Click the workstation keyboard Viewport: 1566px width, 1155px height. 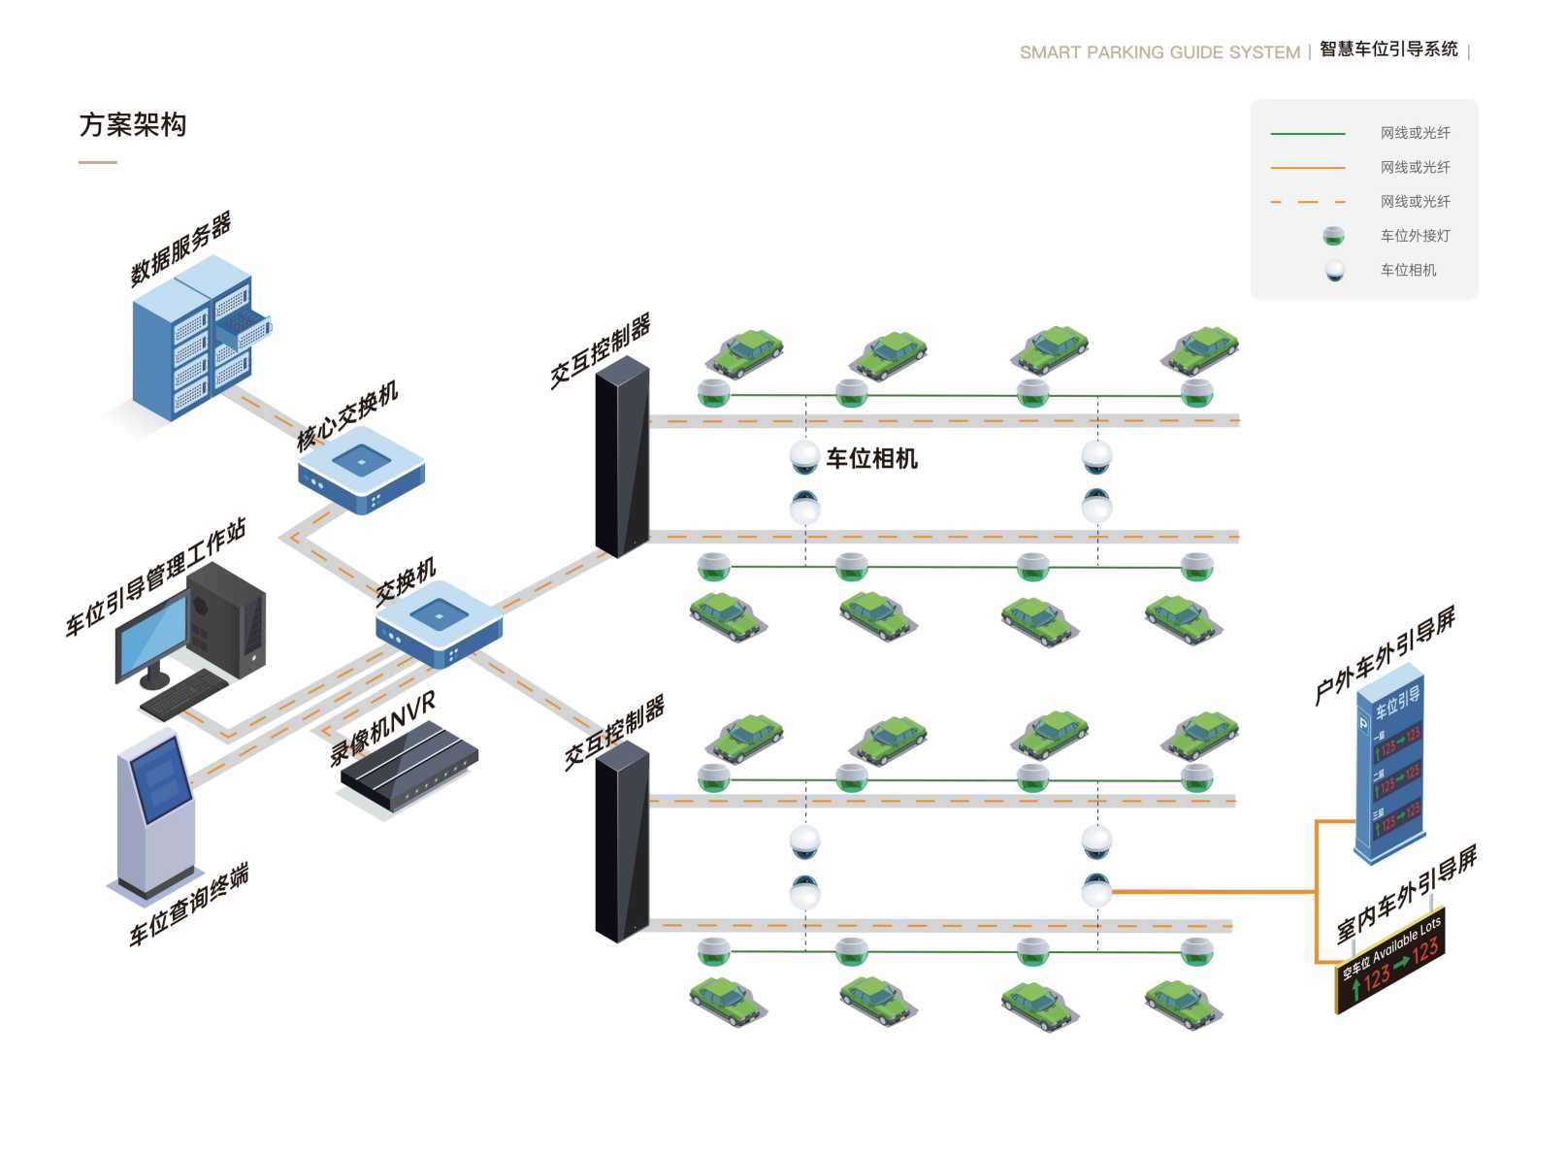pyautogui.click(x=184, y=692)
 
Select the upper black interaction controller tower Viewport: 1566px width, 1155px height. pyautogui.click(x=622, y=456)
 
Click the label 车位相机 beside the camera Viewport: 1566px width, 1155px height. pyautogui.click(x=871, y=458)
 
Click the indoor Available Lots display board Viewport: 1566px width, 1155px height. pyautogui.click(x=1391, y=962)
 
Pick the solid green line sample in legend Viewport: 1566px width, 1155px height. pyautogui.click(x=1307, y=133)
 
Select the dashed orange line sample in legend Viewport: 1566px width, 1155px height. pyautogui.click(x=1307, y=202)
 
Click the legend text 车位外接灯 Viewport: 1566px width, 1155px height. pyautogui.click(x=1415, y=236)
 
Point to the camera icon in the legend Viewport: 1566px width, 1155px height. pyautogui.click(x=1335, y=271)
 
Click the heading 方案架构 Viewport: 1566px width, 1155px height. pyautogui.click(x=133, y=125)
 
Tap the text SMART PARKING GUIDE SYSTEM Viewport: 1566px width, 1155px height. pyautogui.click(x=1159, y=52)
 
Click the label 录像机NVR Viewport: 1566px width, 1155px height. pyautogui.click(x=382, y=728)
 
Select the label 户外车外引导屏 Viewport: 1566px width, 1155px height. pyautogui.click(x=1385, y=655)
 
